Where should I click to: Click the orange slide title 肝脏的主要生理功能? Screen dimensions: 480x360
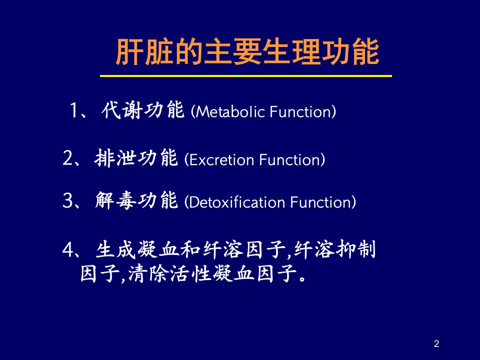tap(247, 51)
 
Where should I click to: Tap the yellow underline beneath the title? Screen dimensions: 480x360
tap(246, 76)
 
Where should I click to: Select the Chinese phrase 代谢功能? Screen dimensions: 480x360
tap(143, 110)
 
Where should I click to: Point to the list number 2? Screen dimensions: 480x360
tap(67, 158)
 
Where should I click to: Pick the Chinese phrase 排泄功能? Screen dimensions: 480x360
tap(136, 158)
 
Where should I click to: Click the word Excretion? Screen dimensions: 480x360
tap(221, 159)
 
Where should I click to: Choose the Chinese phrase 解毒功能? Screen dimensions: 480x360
tap(136, 200)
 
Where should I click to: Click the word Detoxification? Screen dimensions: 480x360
tap(237, 202)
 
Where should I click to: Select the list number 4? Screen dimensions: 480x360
tap(67, 249)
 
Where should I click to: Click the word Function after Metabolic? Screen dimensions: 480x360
tap(301, 111)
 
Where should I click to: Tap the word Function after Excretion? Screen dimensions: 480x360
tap(290, 159)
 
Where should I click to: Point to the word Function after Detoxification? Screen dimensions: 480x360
tap(321, 202)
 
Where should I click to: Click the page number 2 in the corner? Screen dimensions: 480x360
tap(436, 343)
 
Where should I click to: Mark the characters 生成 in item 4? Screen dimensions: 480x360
tap(115, 249)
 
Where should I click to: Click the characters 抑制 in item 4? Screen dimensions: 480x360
tap(355, 249)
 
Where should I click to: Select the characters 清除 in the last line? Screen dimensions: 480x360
tap(147, 273)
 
